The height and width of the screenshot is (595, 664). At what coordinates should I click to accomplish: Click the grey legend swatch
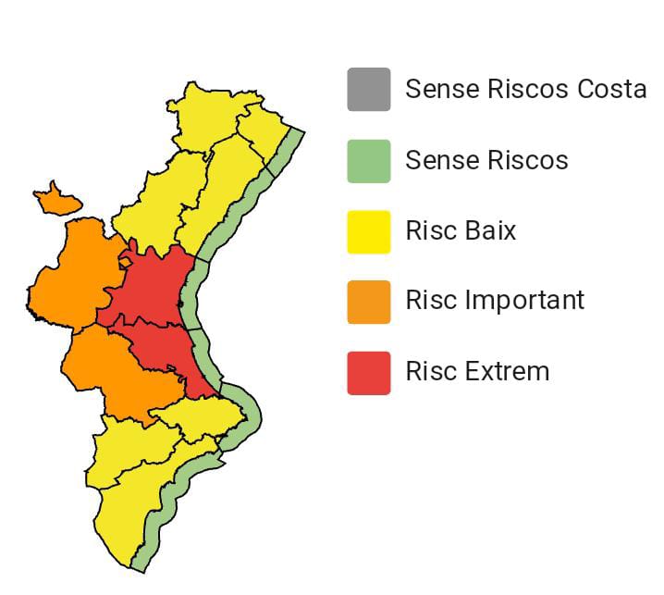tap(368, 89)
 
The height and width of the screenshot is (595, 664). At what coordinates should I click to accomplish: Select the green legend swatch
tap(368, 160)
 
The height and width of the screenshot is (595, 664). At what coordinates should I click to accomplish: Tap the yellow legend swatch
tap(368, 230)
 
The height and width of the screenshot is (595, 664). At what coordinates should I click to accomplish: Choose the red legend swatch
tap(368, 372)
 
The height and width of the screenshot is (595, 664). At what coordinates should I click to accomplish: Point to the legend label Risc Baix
tap(461, 230)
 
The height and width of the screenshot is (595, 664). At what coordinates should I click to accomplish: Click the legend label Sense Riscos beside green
tap(486, 160)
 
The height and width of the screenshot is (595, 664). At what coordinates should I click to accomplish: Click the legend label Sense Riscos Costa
tap(525, 89)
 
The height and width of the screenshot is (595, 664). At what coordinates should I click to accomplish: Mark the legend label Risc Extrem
tap(477, 372)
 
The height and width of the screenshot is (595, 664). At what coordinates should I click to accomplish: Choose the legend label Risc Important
tap(495, 301)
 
